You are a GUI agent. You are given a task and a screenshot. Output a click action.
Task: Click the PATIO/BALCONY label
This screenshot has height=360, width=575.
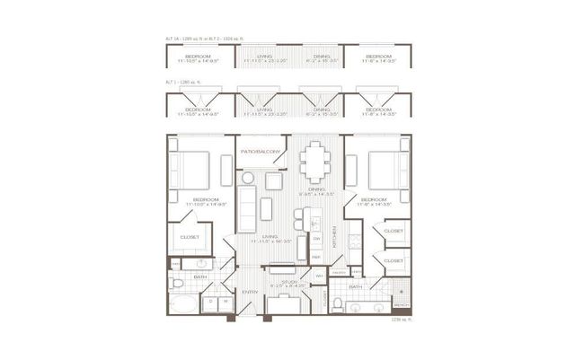pyautogui.click(x=261, y=152)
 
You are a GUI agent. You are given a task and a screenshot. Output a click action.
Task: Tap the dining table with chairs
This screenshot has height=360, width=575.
pyautogui.click(x=314, y=162)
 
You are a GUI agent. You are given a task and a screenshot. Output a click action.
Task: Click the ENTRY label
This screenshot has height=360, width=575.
pyautogui.click(x=250, y=292)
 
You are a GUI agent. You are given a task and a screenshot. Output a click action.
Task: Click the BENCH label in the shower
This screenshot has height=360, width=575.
pyautogui.click(x=401, y=304)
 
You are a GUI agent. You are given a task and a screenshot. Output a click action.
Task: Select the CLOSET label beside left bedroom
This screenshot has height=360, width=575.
pyautogui.click(x=190, y=237)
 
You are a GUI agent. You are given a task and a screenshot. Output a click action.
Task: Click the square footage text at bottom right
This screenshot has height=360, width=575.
pyautogui.click(x=400, y=319)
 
